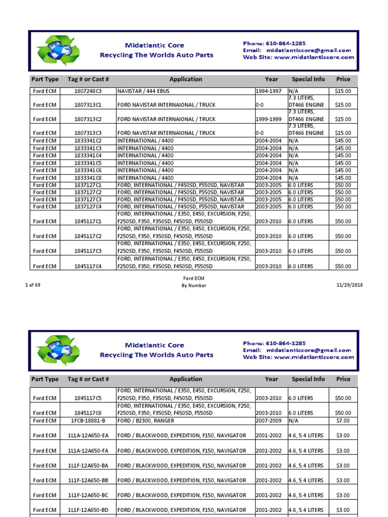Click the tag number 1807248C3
point(88,91)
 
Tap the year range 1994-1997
point(269,91)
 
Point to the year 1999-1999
point(269,119)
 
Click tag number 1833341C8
point(88,178)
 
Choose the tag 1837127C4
point(88,206)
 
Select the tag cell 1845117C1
point(88,222)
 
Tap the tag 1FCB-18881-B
point(88,421)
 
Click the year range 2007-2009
point(269,421)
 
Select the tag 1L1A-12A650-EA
point(88,435)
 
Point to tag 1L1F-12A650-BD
point(88,510)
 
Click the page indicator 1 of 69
point(33,285)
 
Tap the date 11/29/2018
point(349,285)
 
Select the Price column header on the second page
point(343,379)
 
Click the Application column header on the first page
point(185,79)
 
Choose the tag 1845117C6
point(88,413)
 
